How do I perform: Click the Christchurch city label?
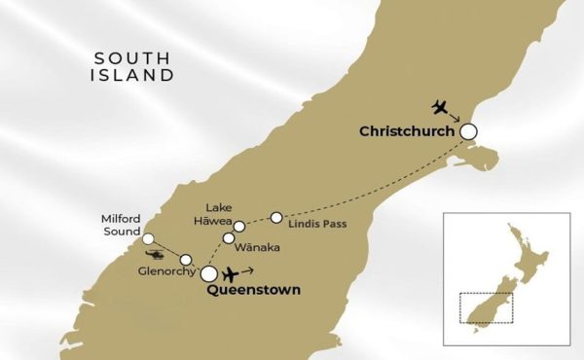tap(408, 131)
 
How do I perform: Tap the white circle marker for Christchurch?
tap(469, 131)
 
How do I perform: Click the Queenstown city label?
tap(253, 290)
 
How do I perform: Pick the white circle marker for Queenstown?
tap(209, 274)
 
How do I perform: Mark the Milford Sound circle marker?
tap(148, 238)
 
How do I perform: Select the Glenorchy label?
tap(167, 271)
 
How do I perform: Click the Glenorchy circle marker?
tap(185, 259)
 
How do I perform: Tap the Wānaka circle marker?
tap(229, 237)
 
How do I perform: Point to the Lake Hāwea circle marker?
tap(238, 226)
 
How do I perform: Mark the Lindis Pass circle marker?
tap(276, 216)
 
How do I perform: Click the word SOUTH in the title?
tap(134, 57)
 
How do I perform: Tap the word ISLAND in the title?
tap(134, 75)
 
